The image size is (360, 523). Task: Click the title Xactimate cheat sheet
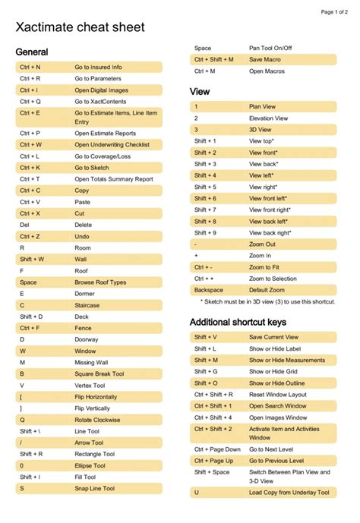[x=80, y=27]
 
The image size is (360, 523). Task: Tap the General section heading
[x=32, y=52]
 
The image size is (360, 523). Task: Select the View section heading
[x=200, y=91]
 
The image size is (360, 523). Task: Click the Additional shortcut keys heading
[x=238, y=322]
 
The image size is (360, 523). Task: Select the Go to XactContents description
[x=100, y=101]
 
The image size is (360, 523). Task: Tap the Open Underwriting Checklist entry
[x=112, y=144]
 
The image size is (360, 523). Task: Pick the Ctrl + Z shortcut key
[x=30, y=236]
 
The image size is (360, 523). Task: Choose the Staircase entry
[x=88, y=304]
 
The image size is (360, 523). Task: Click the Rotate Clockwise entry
[x=97, y=419]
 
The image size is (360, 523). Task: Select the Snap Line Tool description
[x=94, y=489]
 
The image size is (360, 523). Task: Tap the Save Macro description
[x=266, y=59]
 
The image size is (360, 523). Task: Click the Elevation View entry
[x=268, y=118]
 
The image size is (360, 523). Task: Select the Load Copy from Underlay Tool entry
[x=289, y=493]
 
